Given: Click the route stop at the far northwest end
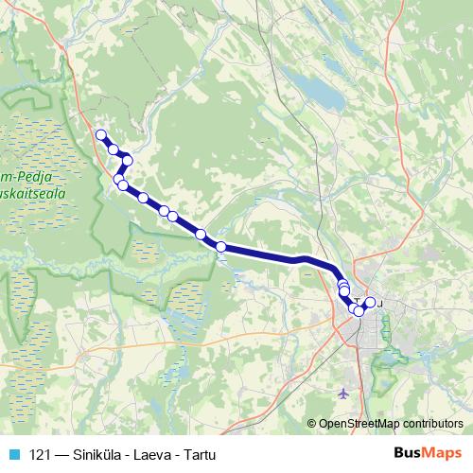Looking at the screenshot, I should [x=100, y=134].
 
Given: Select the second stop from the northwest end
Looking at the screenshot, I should [x=114, y=149].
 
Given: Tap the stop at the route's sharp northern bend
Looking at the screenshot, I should [x=127, y=158].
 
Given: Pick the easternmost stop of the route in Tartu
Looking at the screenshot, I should [x=370, y=303].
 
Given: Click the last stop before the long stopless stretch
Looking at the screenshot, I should [x=221, y=247].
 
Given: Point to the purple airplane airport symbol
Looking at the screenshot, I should [x=342, y=391].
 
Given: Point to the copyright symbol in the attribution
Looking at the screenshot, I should [x=312, y=424].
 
